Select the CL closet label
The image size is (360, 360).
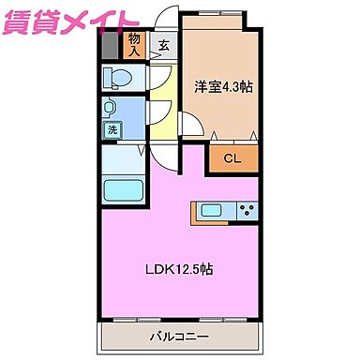[232, 158]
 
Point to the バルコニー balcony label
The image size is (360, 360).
[179, 336]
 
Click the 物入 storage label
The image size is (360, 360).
[135, 43]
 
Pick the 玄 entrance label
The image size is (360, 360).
[164, 44]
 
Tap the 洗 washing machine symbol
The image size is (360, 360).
[112, 131]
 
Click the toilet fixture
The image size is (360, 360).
[120, 77]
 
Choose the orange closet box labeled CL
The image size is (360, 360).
[232, 157]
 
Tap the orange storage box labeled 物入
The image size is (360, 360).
[135, 44]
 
